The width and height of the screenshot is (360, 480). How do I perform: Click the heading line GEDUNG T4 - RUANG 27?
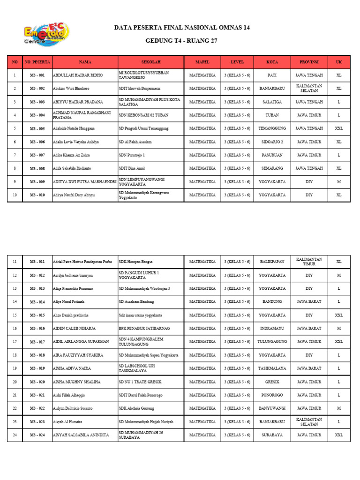pos(182,41)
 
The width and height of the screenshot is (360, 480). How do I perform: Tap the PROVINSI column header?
pos(309,62)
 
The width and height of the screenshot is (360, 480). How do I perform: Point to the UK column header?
pos(339,62)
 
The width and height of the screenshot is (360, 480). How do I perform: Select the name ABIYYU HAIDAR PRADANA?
pos(75,102)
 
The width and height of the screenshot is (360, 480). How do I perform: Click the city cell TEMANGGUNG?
pos(272,128)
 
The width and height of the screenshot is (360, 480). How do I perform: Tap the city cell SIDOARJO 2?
pos(272,142)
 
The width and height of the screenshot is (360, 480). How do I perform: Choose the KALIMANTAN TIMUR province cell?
pos(309,262)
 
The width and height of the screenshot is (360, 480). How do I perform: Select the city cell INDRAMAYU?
pos(272,328)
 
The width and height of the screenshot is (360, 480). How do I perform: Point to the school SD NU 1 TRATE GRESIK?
pos(142,382)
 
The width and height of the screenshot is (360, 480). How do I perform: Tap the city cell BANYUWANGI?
pos(272,408)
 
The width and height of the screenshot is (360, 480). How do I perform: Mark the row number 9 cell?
pos(15,182)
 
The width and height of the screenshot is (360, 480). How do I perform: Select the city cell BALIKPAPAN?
pos(272,262)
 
